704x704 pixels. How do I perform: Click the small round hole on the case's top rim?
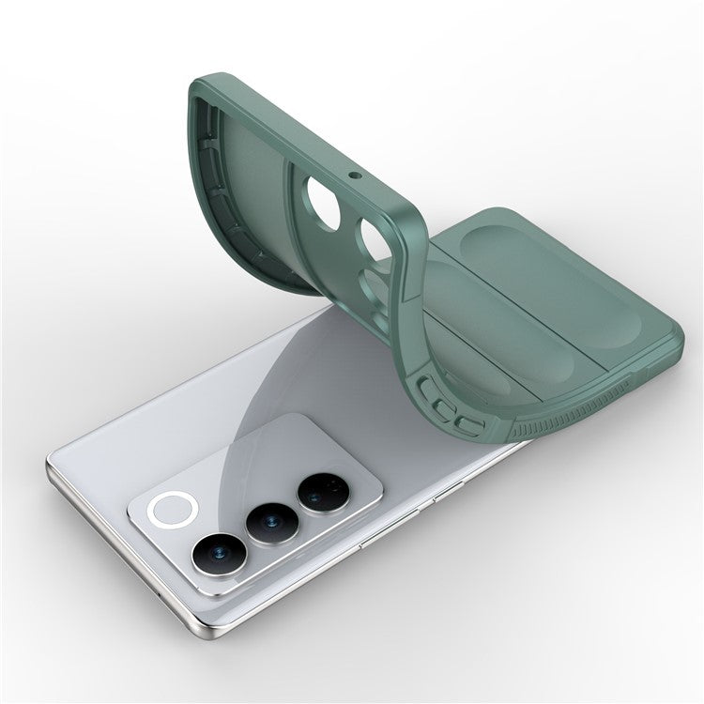pyautogui.click(x=356, y=175)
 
